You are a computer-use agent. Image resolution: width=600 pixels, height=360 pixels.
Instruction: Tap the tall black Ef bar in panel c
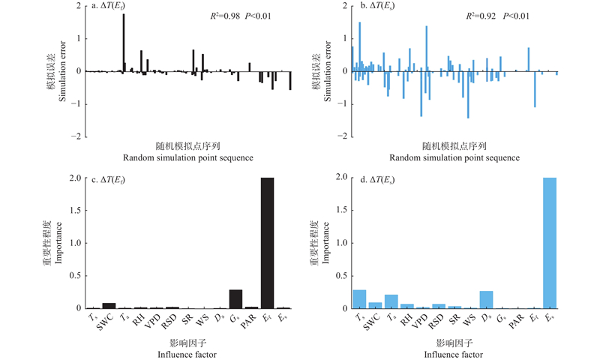pos(267,243)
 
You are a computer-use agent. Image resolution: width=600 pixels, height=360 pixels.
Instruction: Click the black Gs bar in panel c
pos(235,299)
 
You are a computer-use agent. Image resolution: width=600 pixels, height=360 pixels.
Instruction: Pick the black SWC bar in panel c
pos(109,306)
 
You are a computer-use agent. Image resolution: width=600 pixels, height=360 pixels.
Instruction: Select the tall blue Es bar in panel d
pos(550,243)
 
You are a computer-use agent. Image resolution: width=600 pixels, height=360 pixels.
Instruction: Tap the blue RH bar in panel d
pos(407,306)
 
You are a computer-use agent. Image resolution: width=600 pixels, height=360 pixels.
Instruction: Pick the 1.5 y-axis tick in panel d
pos(341,211)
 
